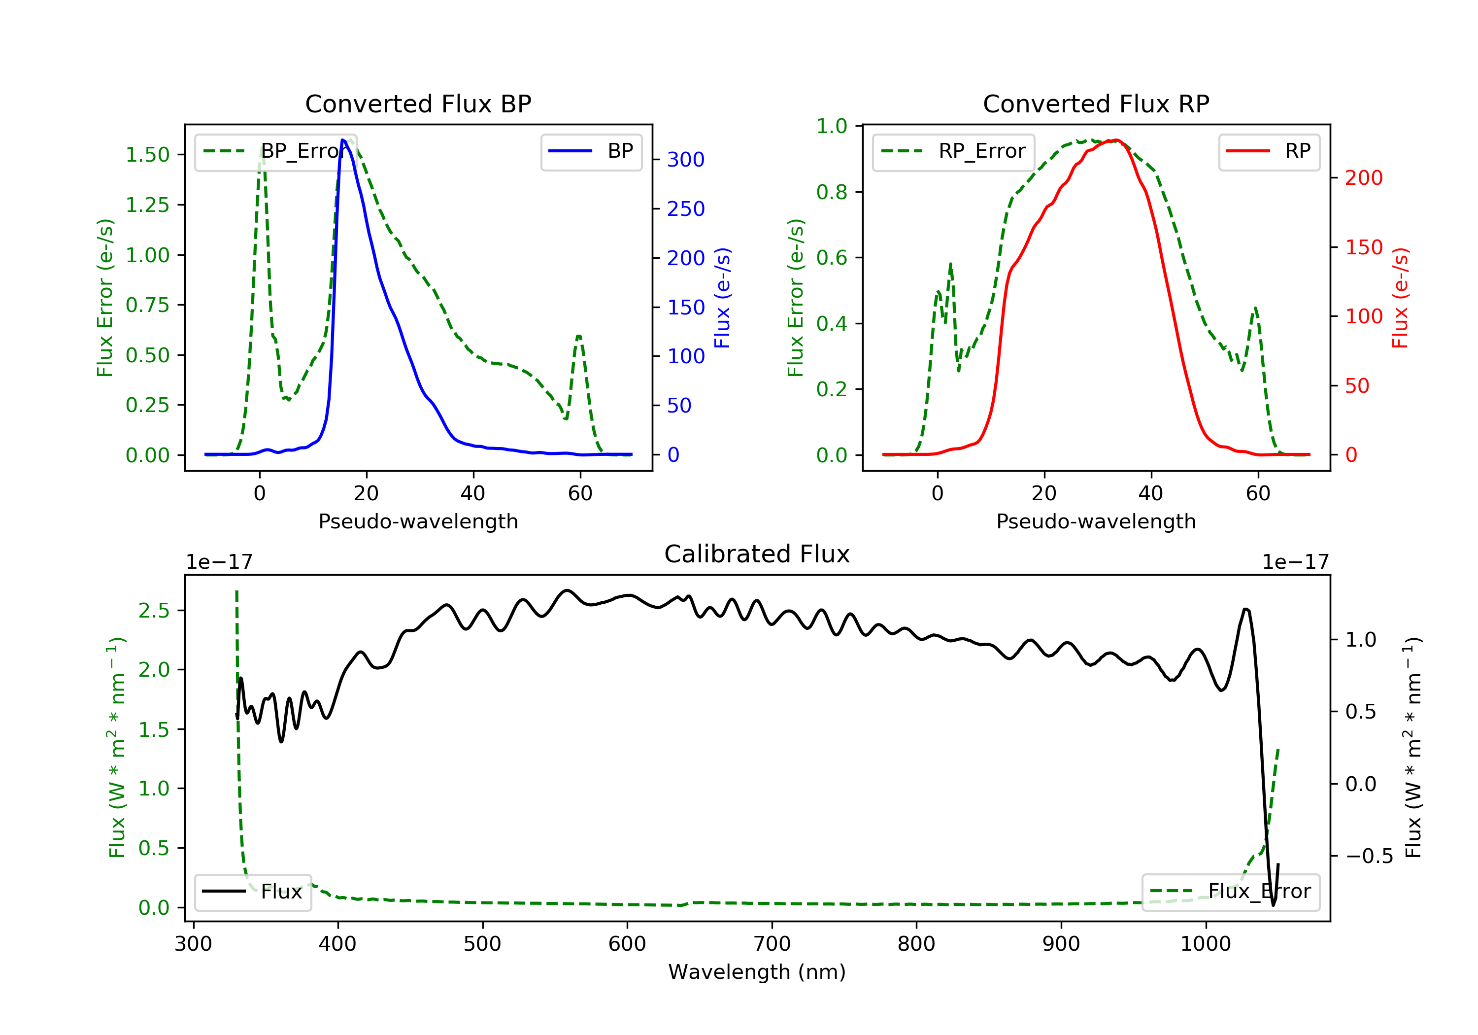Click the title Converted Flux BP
click(x=418, y=103)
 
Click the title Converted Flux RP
click(x=1096, y=103)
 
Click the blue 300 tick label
click(x=686, y=160)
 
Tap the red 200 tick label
click(x=1363, y=178)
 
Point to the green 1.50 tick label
click(x=147, y=155)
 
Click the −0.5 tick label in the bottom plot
click(x=1369, y=856)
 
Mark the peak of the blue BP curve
click(x=343, y=140)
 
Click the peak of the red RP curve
click(x=1117, y=140)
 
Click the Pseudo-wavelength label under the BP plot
click(x=418, y=521)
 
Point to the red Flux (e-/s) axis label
click(x=1400, y=298)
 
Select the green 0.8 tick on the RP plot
click(x=831, y=192)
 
